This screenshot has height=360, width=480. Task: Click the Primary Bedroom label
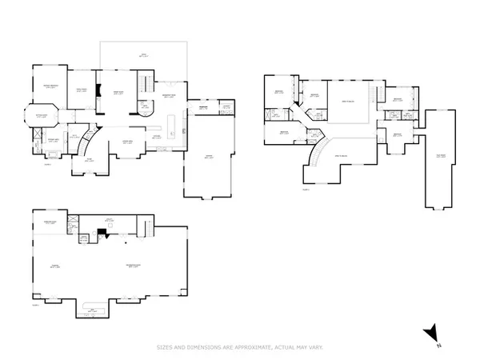[x=54, y=87]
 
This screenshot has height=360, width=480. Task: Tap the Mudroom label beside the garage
[x=202, y=108]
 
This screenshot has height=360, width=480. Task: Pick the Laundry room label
[x=226, y=108]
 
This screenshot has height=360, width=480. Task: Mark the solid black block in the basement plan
[x=102, y=232]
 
